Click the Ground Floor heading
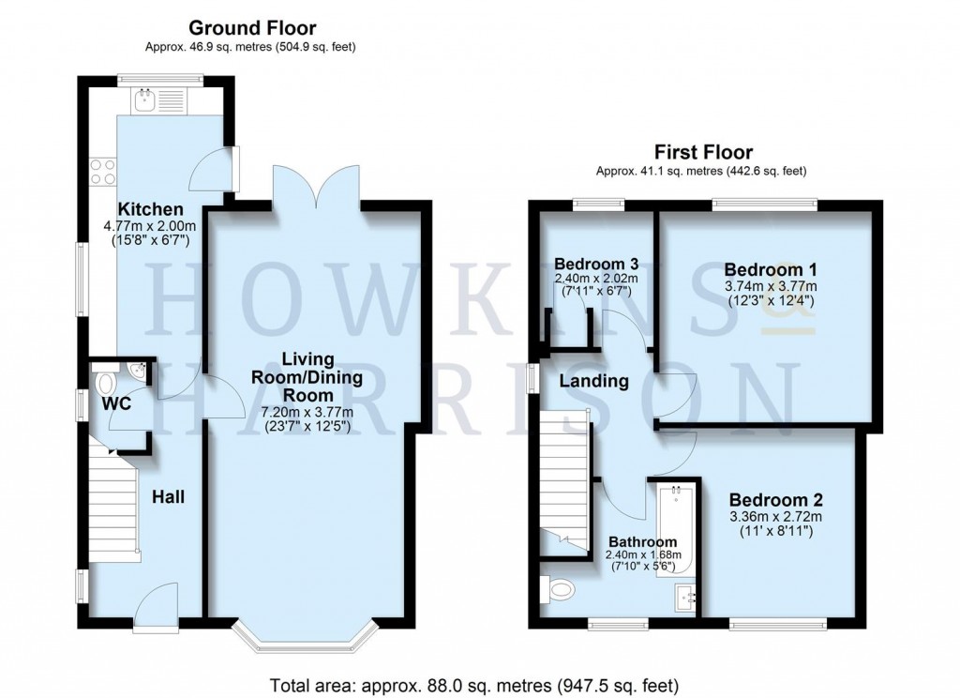click(x=252, y=29)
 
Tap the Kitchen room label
click(x=150, y=208)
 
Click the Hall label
click(x=168, y=496)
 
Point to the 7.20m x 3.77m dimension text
click(x=307, y=412)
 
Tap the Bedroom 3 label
click(x=596, y=263)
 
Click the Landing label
click(x=593, y=381)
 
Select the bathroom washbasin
click(x=686, y=597)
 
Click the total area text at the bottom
click(x=473, y=684)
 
